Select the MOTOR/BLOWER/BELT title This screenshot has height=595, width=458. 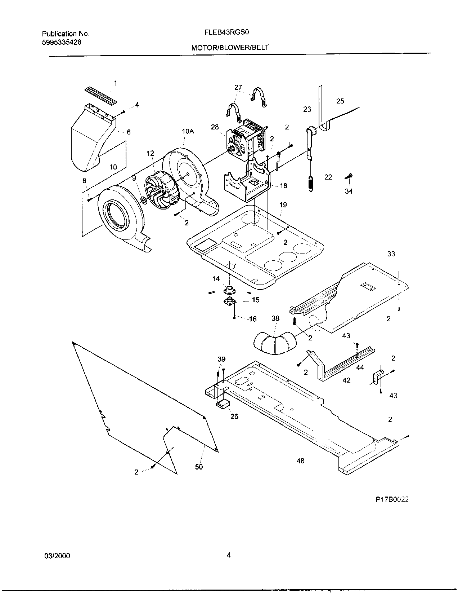click(x=230, y=47)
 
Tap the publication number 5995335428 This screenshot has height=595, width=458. click(x=62, y=42)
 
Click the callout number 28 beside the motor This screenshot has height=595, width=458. click(x=215, y=127)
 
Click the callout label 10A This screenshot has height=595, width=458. click(x=188, y=132)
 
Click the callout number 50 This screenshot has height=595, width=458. click(x=199, y=467)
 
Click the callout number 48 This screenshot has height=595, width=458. click(x=301, y=460)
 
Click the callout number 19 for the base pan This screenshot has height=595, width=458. click(x=283, y=205)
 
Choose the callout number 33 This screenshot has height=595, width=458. click(x=391, y=254)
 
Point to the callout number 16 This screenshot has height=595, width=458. click(x=253, y=319)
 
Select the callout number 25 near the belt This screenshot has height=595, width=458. click(x=340, y=101)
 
